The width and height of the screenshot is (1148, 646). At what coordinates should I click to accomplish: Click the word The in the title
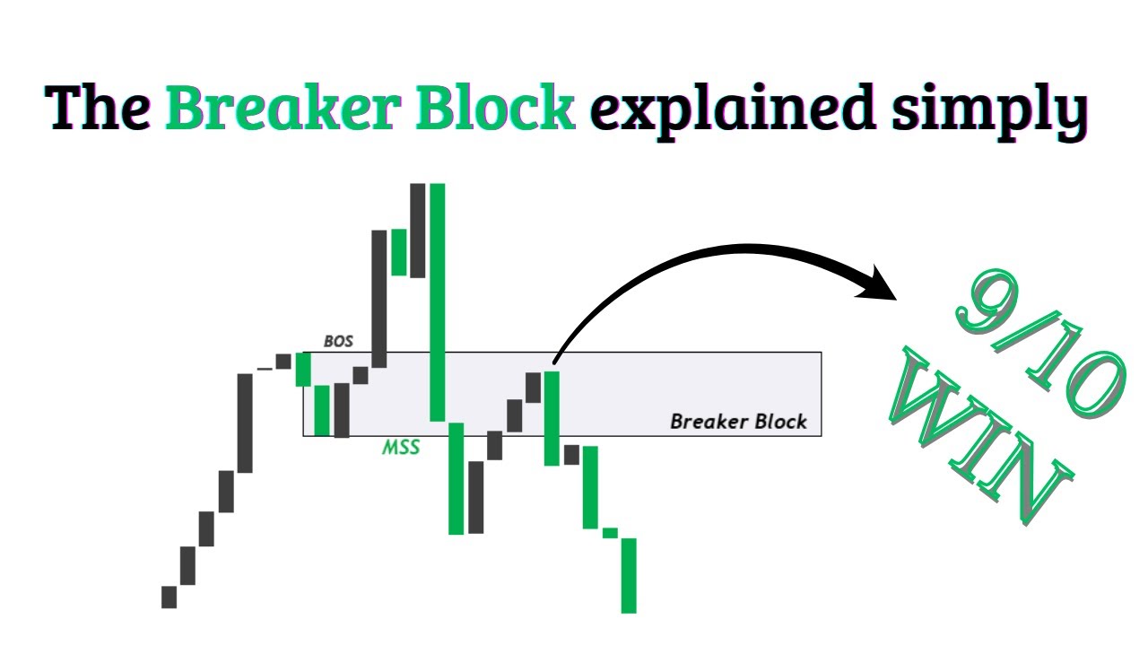(100, 109)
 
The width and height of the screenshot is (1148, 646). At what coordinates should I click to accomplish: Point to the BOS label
(338, 341)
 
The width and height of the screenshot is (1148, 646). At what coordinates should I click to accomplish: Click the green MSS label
(401, 447)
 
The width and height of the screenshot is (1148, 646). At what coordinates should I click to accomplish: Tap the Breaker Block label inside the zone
(738, 422)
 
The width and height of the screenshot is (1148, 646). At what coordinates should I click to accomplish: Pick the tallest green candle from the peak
(438, 301)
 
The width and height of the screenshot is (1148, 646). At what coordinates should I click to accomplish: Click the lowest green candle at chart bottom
(629, 575)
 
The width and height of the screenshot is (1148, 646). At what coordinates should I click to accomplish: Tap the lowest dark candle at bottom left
(170, 597)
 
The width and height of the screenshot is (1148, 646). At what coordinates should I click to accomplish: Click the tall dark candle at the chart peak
(417, 230)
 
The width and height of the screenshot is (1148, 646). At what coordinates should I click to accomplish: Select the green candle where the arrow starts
(552, 418)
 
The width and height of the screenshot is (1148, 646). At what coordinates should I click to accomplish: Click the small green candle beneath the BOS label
(303, 369)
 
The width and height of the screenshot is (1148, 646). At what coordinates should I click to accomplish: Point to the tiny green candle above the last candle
(610, 533)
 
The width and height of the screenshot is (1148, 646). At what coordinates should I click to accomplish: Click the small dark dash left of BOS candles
(265, 368)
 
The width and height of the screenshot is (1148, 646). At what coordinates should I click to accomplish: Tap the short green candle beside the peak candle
(398, 250)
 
